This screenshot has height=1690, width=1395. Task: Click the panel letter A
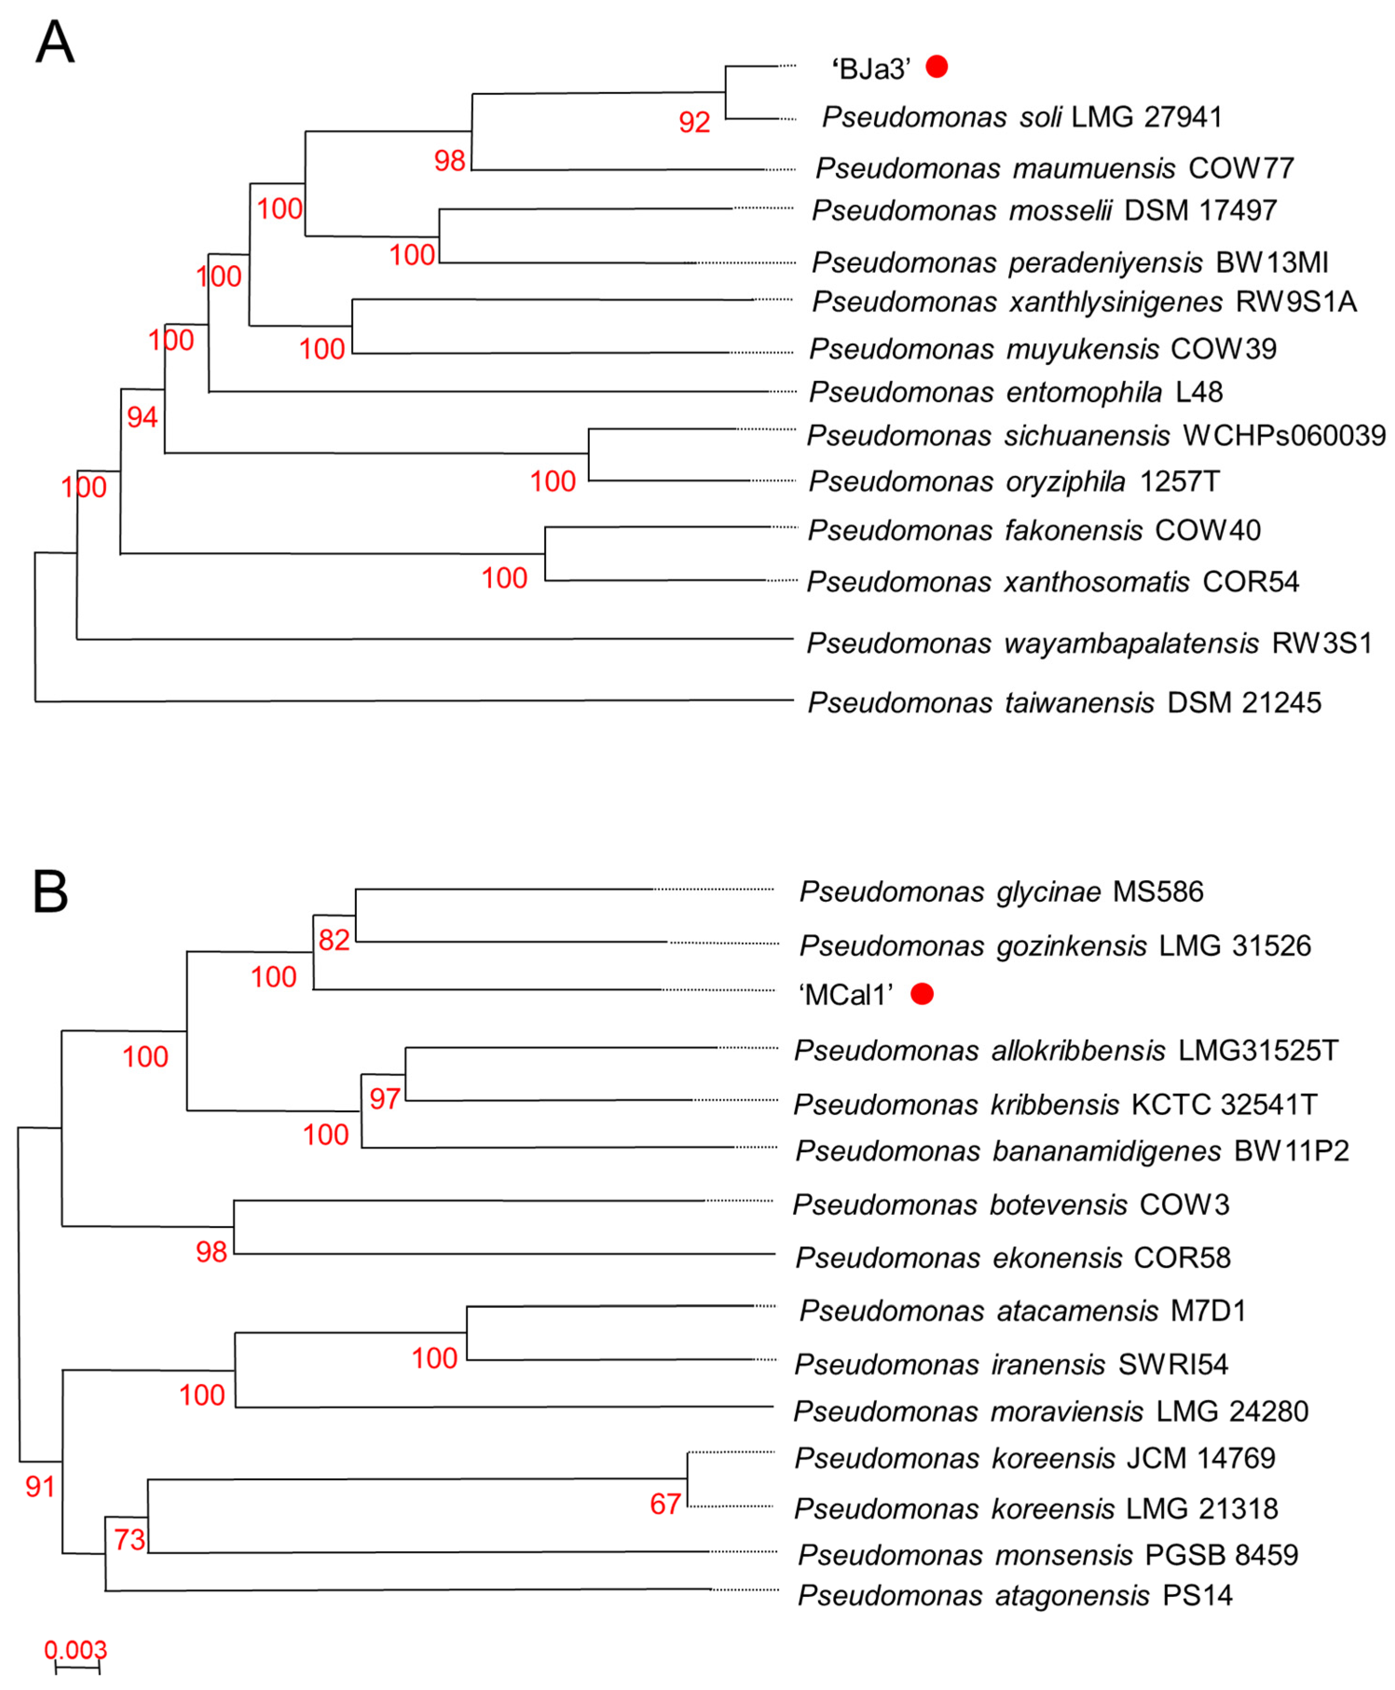point(55,42)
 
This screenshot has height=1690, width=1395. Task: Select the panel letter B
point(50,892)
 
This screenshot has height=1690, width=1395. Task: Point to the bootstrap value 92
point(694,122)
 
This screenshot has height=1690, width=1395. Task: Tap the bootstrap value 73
point(130,1539)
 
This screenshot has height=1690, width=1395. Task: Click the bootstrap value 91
point(40,1487)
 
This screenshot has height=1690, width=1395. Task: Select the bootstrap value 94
point(142,417)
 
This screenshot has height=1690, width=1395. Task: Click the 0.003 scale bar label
point(75,1650)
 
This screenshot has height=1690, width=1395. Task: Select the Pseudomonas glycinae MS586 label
point(1001,892)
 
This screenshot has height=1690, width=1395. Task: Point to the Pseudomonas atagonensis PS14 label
point(1015,1595)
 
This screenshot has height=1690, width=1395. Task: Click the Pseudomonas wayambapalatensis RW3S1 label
point(1090,643)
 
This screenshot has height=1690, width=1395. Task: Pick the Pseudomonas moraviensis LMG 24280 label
point(1051,1411)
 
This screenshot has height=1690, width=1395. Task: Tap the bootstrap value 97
point(385,1099)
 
